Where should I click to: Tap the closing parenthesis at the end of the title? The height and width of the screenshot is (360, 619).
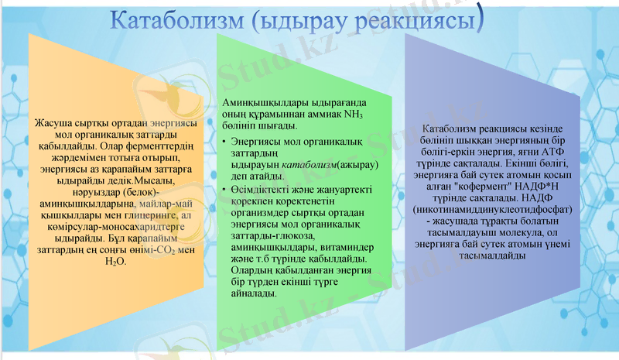point(480,20)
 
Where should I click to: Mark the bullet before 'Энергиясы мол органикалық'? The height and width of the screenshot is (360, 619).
point(224,143)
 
